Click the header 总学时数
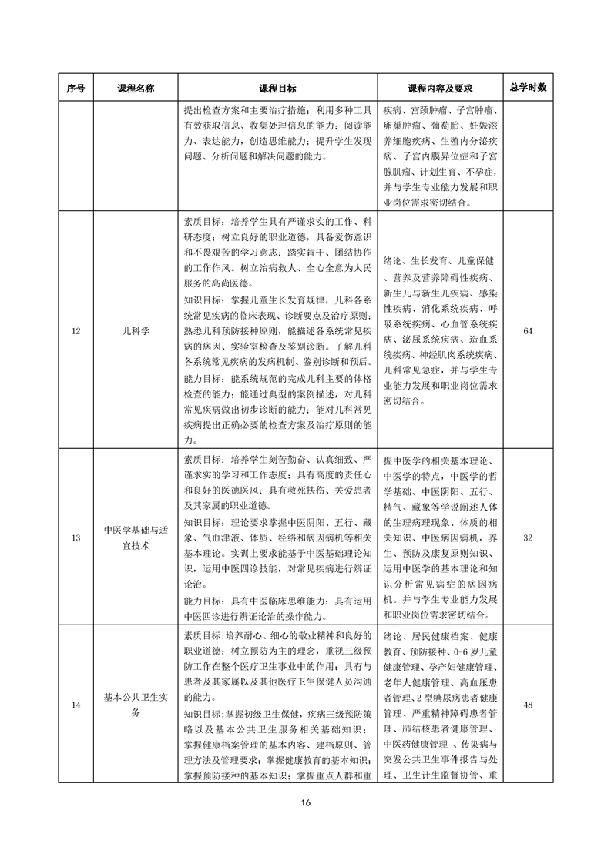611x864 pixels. pyautogui.click(x=528, y=88)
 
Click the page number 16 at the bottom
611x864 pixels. pyautogui.click(x=305, y=804)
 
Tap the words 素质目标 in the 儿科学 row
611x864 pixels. pyautogui.click(x=202, y=219)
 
